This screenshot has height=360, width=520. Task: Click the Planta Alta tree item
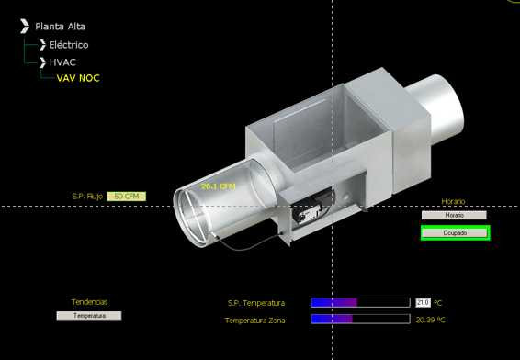point(60,27)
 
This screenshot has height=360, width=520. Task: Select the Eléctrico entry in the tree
point(69,45)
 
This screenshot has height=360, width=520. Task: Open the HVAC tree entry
point(62,62)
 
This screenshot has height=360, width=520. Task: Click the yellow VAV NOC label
point(78,78)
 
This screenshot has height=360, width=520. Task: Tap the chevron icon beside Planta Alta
point(25,27)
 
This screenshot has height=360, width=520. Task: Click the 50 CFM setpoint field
point(127,197)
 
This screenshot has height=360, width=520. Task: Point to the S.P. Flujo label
point(87,197)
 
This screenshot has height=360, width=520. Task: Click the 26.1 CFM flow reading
point(219,186)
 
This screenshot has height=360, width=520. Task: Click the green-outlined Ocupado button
point(455,233)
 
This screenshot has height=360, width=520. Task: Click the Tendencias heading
point(89,302)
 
